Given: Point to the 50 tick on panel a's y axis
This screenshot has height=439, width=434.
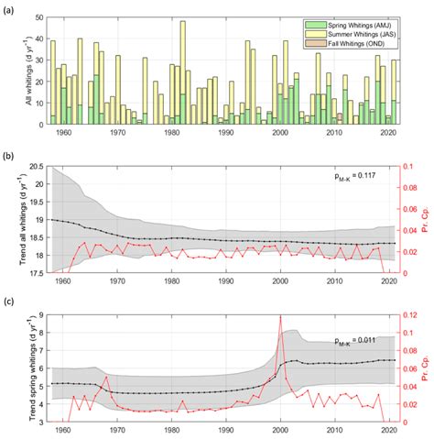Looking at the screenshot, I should tap(39, 16).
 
